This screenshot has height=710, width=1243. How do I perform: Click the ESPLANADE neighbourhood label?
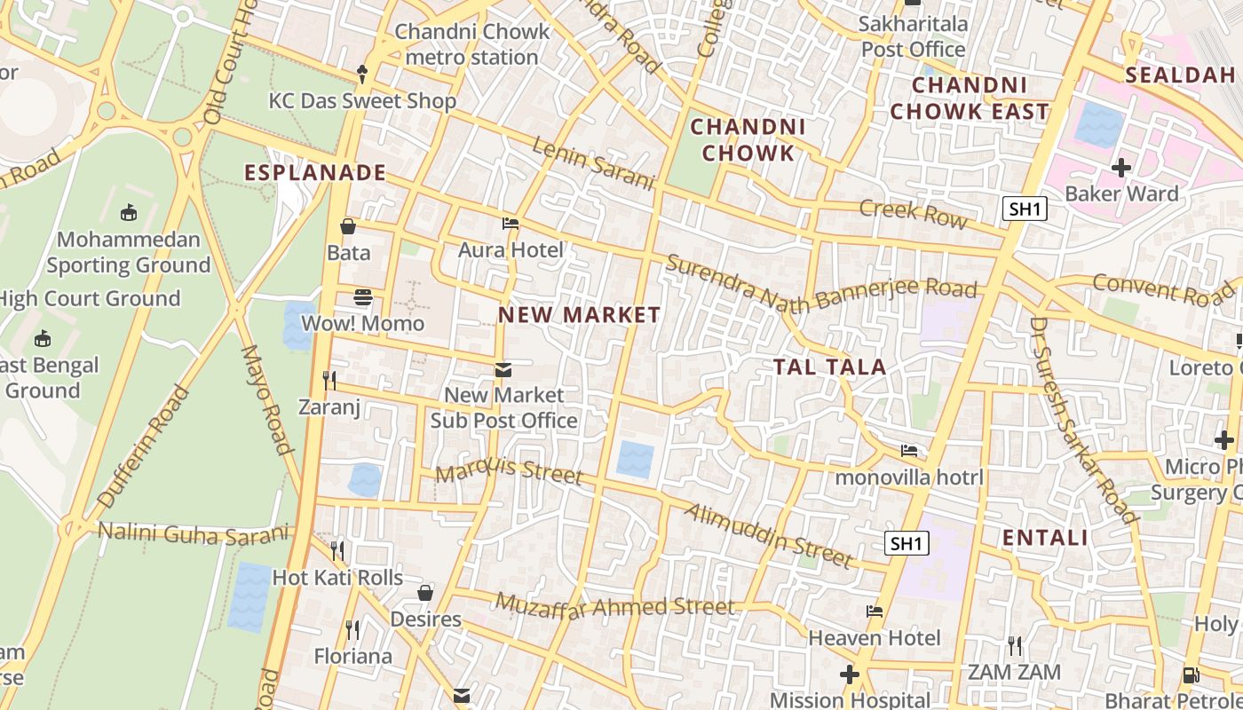315,173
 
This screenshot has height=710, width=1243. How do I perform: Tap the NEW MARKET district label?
579,315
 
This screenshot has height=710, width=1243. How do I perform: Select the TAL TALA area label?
829,367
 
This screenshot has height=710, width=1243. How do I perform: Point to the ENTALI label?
1045,538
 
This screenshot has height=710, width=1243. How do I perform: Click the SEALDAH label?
1180,75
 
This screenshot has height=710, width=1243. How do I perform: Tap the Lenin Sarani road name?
593,163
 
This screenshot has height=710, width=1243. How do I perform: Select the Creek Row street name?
913,213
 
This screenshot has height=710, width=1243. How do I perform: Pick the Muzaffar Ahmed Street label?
615,607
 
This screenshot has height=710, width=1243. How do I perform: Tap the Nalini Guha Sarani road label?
194,532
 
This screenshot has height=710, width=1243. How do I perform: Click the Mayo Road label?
267,399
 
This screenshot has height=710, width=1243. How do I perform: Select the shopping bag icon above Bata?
348,226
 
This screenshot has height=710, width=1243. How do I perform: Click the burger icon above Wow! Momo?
362,297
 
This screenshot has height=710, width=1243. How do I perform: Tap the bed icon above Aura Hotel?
511,224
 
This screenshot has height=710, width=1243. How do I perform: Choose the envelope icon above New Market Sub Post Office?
503,369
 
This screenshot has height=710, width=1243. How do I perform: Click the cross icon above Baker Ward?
1121,167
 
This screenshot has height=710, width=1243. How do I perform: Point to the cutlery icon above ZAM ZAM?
1014,645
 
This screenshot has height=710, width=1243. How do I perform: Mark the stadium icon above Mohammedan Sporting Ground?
129,212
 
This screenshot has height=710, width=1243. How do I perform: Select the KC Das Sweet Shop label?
362,100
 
